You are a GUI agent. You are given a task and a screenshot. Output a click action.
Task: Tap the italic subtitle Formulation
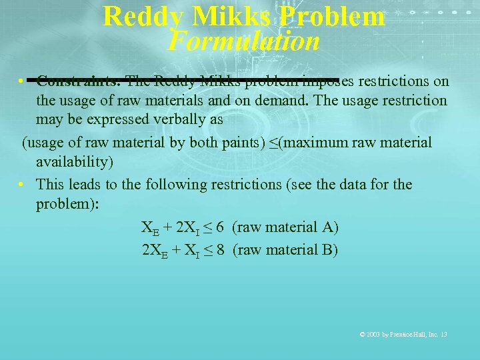pyautogui.click(x=244, y=41)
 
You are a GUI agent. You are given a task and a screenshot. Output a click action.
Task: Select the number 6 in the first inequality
pyautogui.click(x=219, y=227)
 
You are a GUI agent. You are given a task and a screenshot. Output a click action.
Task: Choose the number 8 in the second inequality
pyautogui.click(x=219, y=250)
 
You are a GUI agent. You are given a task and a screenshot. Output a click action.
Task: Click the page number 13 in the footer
pyautogui.click(x=443, y=334)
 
